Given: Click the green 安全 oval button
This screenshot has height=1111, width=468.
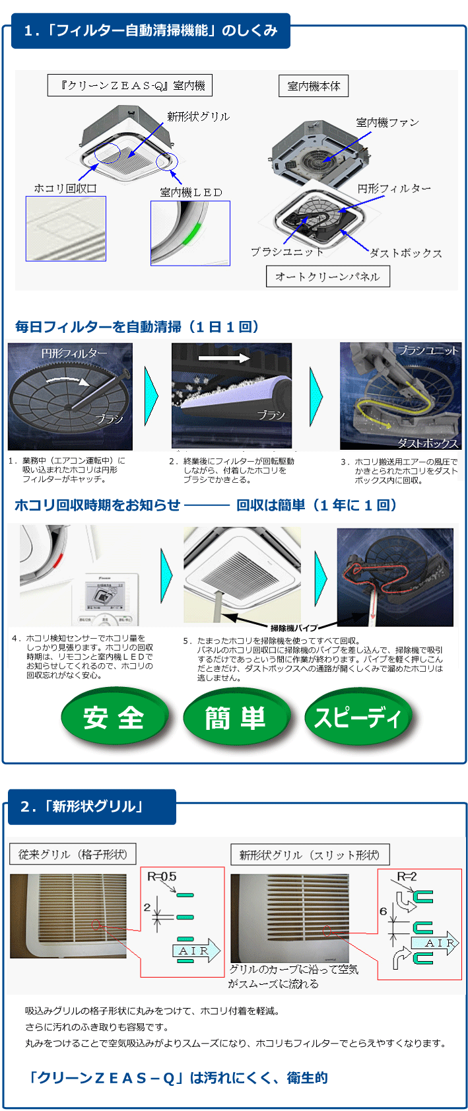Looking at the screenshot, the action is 114,717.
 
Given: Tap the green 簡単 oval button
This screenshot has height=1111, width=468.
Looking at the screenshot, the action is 236,717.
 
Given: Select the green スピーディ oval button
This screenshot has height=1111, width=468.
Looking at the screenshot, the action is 358,717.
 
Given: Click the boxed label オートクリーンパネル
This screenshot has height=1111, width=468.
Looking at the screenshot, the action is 327,276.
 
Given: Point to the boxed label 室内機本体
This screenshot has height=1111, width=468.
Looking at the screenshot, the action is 314,86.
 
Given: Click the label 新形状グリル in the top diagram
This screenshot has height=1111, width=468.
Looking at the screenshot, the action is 198,116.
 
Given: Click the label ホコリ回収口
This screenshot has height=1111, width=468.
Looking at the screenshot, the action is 65,188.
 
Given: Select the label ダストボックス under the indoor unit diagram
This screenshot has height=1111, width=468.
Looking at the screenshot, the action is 405,253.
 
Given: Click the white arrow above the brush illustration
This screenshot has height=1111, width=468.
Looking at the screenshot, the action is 224,357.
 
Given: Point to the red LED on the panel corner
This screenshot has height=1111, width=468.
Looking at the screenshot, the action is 57,561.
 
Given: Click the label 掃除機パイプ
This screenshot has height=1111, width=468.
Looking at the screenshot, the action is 294,627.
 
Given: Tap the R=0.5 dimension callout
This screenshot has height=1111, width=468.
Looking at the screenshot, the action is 162,877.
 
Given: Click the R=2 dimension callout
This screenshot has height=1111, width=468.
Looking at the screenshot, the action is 407,877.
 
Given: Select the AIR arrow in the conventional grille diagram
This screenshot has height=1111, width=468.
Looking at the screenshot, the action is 196,950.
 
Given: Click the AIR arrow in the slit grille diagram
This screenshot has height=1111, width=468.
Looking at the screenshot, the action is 435,943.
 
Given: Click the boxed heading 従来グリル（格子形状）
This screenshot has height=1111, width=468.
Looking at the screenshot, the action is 73,854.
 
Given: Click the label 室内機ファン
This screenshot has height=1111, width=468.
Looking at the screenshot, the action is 387,122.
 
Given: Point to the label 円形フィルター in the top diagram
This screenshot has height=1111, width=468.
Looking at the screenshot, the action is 394,188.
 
